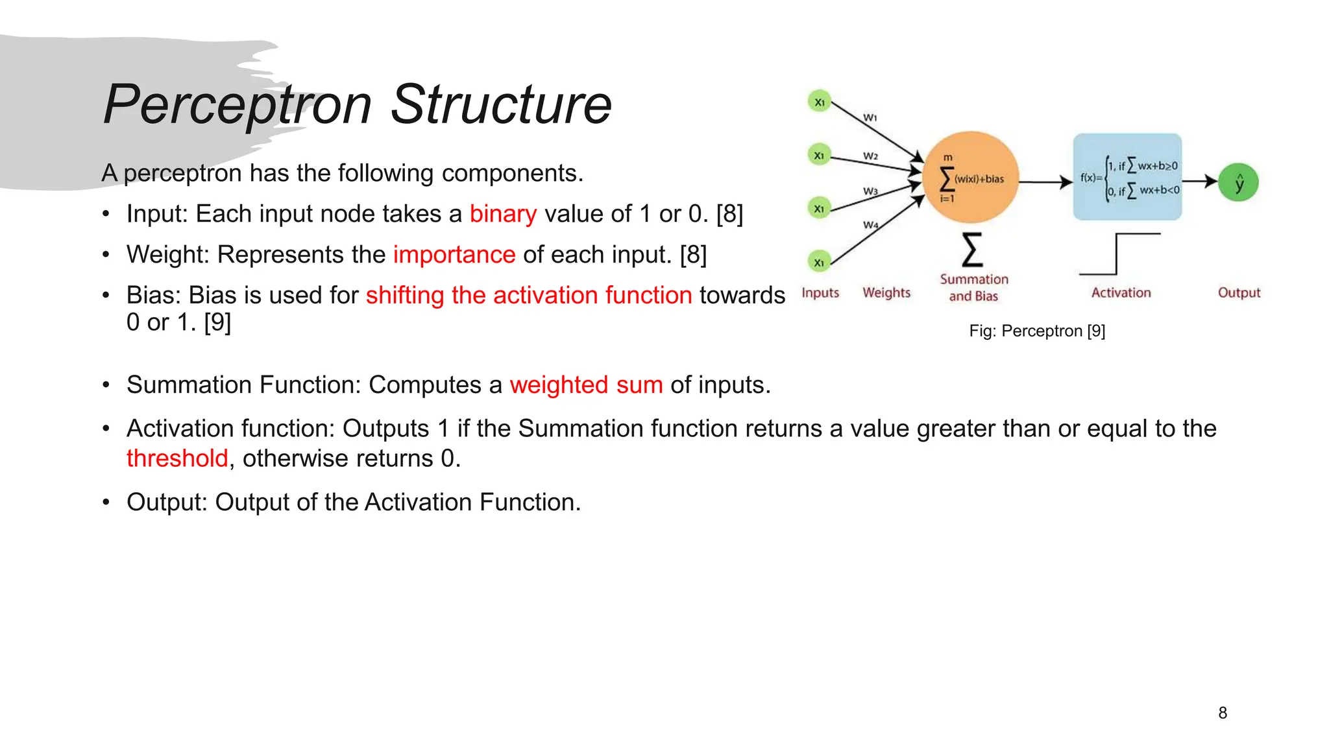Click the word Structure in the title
click(501, 105)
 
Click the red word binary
click(503, 214)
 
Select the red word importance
click(454, 255)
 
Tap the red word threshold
click(177, 458)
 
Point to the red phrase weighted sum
click(586, 385)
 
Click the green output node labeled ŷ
click(1238, 183)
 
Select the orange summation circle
click(970, 178)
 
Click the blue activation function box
click(1127, 177)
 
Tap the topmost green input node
click(820, 102)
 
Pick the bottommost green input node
click(819, 262)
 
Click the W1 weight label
click(870, 118)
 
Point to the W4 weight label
click(870, 225)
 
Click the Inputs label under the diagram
click(820, 292)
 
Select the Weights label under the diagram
click(886, 292)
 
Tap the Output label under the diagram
click(1239, 292)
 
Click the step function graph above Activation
click(1119, 254)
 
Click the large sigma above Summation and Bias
click(971, 250)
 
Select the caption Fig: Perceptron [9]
click(1037, 331)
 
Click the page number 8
click(1223, 713)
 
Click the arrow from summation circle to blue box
click(1045, 182)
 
